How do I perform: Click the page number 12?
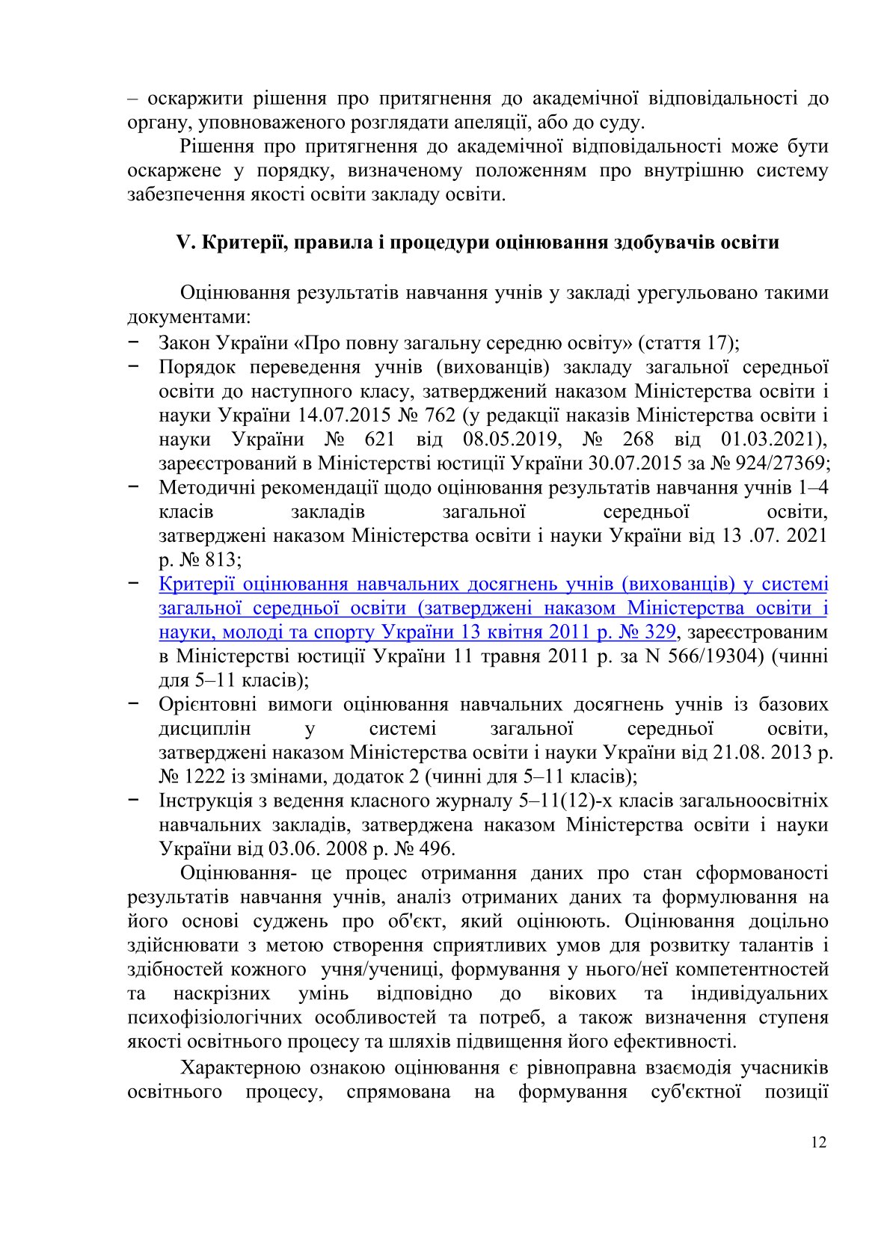(818, 1142)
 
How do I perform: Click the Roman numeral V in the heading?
(184, 243)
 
